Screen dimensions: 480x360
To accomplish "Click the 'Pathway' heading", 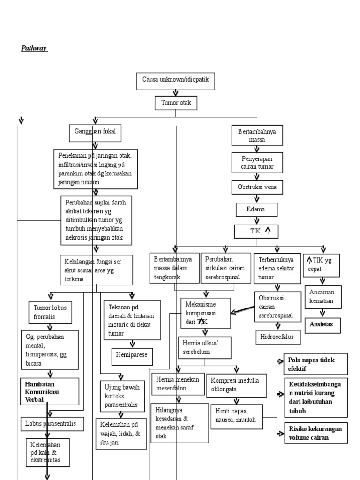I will pos(34,48).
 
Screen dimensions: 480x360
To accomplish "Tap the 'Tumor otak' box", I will pos(176,103).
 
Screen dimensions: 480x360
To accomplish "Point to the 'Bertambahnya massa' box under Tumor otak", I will pos(257,135).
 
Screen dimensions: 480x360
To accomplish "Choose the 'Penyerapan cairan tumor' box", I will pos(257,162).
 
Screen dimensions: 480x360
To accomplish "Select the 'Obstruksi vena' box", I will pos(257,187).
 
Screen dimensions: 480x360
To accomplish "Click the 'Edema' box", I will pos(256,209).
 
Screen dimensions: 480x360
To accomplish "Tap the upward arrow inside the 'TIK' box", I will pos(268,230).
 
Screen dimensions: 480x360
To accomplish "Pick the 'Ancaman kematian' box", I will pos(322,296).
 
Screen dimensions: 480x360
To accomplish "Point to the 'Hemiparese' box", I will pos(132,355).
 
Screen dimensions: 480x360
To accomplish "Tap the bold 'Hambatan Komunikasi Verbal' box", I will pos(52,391).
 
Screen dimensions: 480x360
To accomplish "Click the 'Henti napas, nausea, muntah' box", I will pos(236,416).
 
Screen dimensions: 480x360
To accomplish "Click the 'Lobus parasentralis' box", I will pos(53,424).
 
